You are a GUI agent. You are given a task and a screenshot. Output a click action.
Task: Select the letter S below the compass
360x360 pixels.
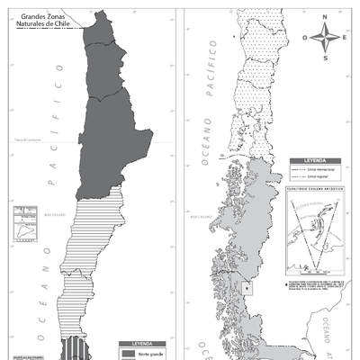[326, 58]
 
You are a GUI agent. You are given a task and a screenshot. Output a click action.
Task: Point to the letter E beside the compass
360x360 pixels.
[345, 39]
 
